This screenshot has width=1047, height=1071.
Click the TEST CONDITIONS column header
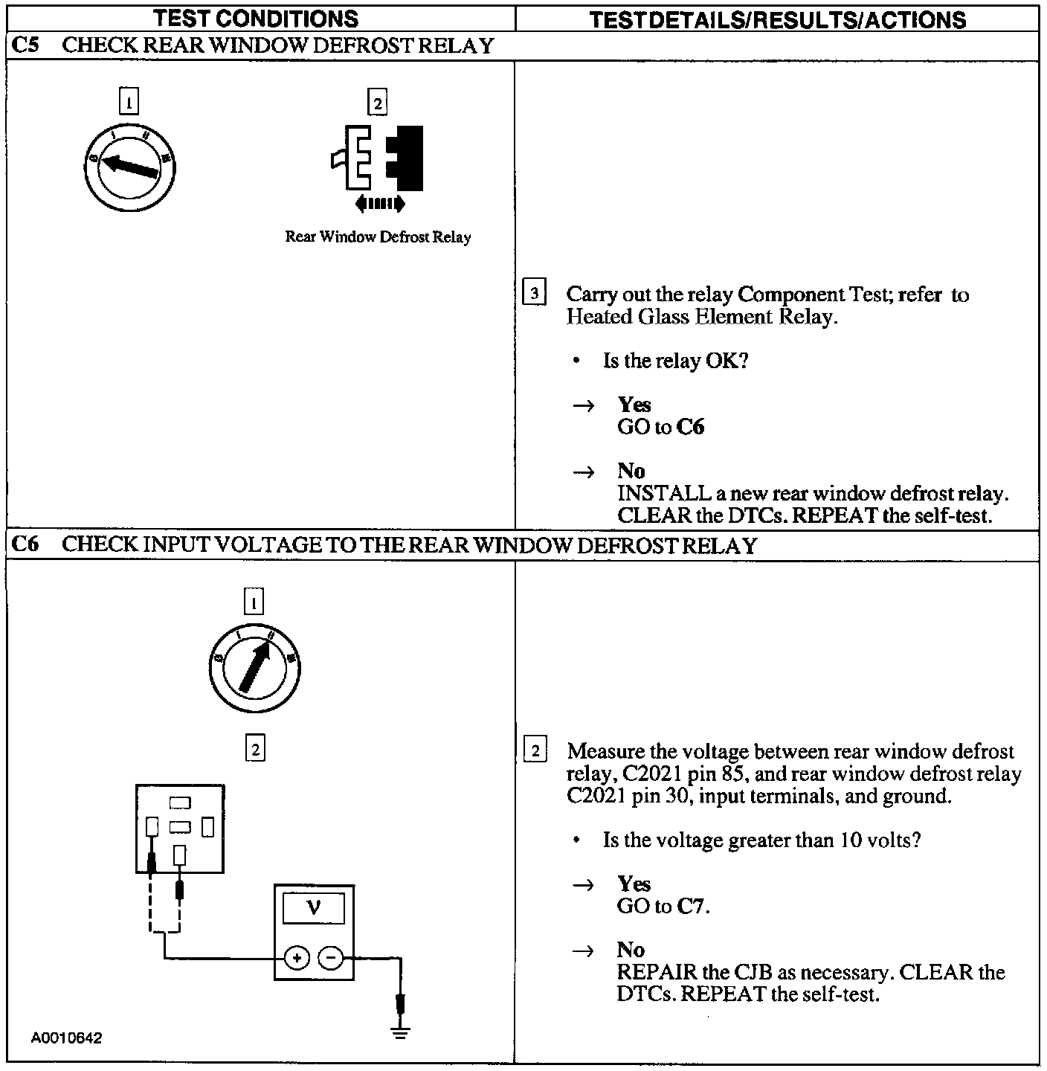point(257,19)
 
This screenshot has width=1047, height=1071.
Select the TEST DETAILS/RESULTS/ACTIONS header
point(777,19)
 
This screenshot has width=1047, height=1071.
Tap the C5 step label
point(25,45)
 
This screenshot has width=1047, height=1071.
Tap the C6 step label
point(25,545)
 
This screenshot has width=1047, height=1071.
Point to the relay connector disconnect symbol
point(378,158)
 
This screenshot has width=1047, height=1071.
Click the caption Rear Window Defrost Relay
point(378,237)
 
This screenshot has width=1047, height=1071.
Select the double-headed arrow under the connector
point(379,203)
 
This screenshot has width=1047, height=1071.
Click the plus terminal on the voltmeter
point(297,958)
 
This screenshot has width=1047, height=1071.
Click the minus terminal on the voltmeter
point(331,958)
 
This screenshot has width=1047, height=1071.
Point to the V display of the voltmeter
point(314,908)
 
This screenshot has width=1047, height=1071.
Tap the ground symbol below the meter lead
point(401,1032)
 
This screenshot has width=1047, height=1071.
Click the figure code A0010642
point(66,1038)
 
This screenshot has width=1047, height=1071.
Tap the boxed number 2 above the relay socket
point(254,749)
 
